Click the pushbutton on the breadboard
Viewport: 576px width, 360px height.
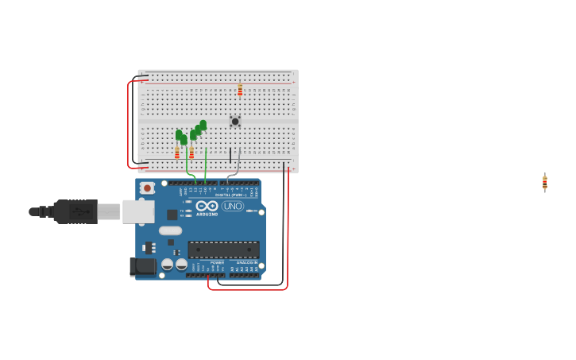tap(234, 122)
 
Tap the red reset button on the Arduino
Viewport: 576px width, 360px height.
tap(147, 188)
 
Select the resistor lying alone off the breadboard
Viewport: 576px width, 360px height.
tap(545, 182)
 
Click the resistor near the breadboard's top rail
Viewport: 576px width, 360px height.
tap(240, 91)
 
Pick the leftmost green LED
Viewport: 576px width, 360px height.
tap(179, 135)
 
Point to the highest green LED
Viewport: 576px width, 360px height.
tap(203, 125)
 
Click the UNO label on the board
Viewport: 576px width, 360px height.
tap(233, 206)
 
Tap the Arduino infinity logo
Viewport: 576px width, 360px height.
tap(207, 206)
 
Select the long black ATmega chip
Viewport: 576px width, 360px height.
tap(223, 250)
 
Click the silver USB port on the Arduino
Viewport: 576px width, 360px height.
tap(138, 211)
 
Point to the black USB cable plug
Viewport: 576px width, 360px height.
tap(75, 211)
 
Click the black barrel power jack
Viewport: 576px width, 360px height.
tap(142, 266)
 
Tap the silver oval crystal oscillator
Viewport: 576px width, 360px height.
tap(170, 231)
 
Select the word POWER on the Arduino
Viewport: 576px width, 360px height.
tap(217, 262)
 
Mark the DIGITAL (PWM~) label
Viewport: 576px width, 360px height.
tap(230, 194)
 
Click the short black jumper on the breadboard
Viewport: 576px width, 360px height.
tap(230, 155)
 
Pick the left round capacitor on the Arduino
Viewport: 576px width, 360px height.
tap(168, 265)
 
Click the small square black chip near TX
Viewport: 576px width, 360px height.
tap(172, 215)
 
